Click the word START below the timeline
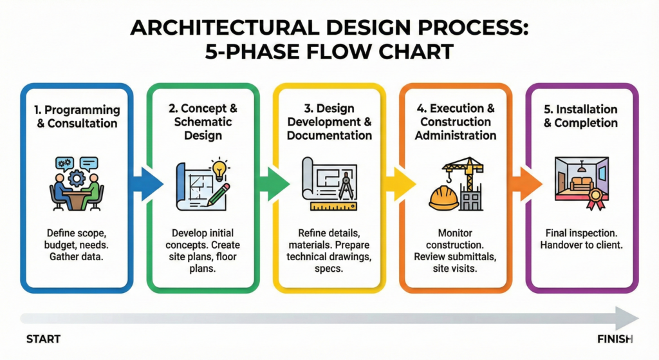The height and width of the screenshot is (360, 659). (43, 339)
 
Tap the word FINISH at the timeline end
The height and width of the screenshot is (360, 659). (614, 339)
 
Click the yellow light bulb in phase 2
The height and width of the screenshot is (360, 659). (220, 168)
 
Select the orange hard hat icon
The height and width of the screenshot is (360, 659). (443, 196)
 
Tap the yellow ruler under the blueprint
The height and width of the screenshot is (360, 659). (333, 207)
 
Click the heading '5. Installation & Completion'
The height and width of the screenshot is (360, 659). (580, 116)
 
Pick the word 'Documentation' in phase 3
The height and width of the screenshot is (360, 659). (329, 135)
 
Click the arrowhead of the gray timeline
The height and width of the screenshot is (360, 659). (625, 317)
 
